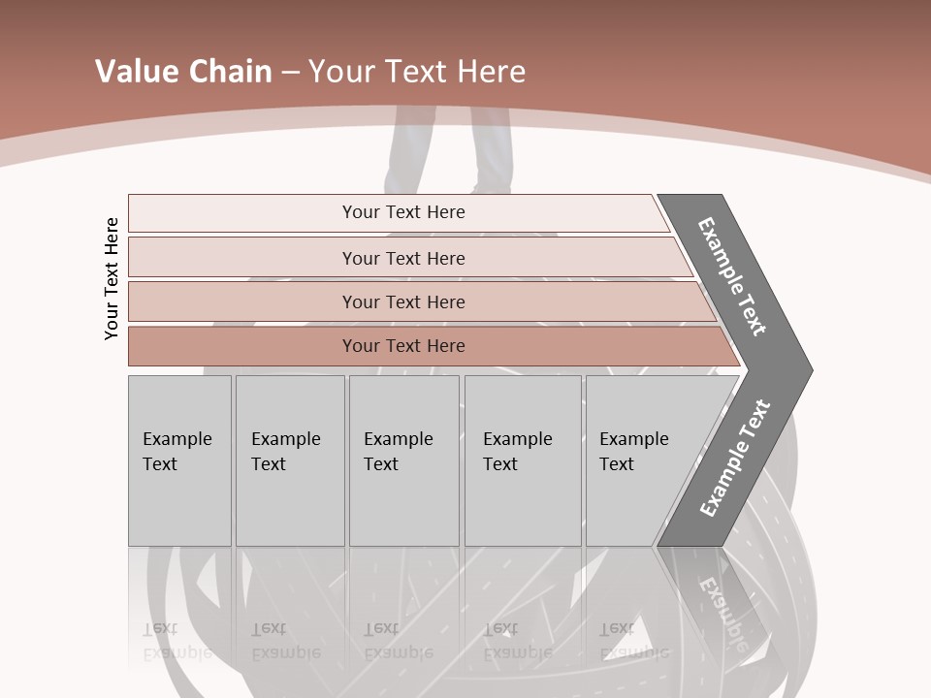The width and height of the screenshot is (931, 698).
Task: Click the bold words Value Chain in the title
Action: click(183, 72)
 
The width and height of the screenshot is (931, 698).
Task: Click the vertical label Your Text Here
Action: click(112, 278)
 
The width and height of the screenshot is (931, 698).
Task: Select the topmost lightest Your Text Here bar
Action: click(403, 212)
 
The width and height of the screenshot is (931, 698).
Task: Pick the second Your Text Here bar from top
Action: click(403, 258)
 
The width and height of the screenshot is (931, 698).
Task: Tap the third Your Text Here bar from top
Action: click(403, 301)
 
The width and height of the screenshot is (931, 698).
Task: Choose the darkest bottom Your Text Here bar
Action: click(403, 346)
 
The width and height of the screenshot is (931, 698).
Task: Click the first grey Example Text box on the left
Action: click(179, 460)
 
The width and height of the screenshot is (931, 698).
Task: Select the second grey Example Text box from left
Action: click(290, 460)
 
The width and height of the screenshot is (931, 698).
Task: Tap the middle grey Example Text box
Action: click(403, 460)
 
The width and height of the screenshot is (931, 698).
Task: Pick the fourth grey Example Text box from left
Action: click(523, 460)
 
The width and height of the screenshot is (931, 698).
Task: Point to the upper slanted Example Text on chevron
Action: click(733, 276)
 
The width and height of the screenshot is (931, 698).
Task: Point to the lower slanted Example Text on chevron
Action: click(734, 459)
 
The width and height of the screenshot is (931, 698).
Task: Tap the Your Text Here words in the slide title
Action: click(417, 72)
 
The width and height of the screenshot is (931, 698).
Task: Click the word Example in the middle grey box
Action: click(398, 439)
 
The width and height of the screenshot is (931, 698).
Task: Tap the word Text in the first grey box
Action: click(160, 464)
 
